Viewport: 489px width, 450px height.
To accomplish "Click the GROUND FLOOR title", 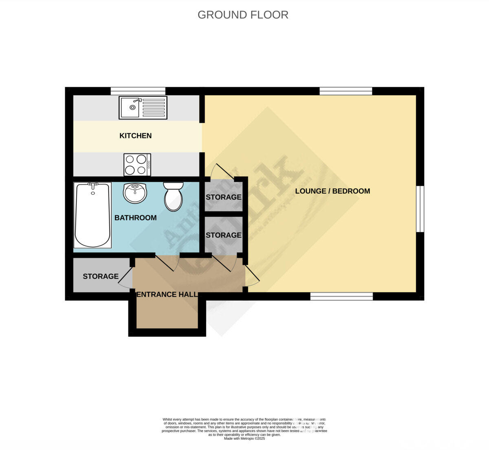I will [243, 15].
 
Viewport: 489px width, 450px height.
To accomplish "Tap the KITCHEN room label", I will [135, 136].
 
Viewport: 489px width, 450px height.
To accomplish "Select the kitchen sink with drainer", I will [143, 108].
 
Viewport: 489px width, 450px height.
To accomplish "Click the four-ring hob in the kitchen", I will [137, 165].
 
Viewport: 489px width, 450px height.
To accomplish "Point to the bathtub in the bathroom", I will [93, 215].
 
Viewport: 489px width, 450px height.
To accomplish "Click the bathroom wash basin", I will [135, 193].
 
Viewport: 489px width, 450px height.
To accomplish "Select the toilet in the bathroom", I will [173, 196].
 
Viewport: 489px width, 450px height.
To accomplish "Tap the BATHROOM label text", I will [135, 218].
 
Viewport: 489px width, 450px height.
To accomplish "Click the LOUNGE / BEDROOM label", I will [333, 191].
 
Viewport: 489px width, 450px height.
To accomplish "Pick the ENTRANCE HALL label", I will [167, 294].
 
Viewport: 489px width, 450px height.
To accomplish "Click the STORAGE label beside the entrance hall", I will [101, 276].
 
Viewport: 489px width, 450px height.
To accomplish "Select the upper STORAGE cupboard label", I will [223, 197].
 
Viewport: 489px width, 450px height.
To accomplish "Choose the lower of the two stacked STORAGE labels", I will [223, 235].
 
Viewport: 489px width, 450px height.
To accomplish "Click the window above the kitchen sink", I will [138, 91].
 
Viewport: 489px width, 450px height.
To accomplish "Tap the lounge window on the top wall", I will [346, 91].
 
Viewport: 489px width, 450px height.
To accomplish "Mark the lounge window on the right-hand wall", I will [420, 209].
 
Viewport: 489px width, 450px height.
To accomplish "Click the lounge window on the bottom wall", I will [341, 296].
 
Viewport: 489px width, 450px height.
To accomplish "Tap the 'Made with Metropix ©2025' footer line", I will [244, 439].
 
